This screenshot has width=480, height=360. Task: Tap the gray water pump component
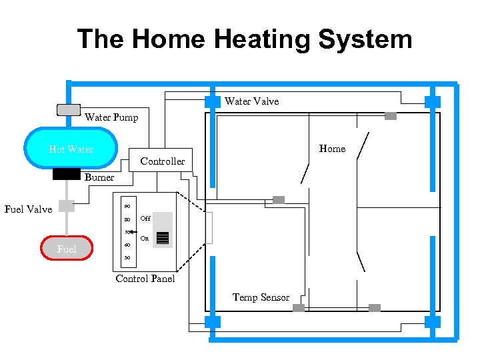[x=68, y=110]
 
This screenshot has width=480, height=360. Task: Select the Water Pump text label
[x=111, y=118]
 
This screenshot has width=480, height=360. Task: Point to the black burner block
[x=67, y=175]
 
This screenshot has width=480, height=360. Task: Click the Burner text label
[x=99, y=177]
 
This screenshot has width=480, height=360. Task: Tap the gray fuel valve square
[x=66, y=206]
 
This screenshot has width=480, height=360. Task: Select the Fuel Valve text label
[x=28, y=209]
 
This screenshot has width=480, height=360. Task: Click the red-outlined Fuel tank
[x=67, y=249]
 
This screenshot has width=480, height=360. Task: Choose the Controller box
[x=162, y=161]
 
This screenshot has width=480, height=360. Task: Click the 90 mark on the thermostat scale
[x=127, y=206]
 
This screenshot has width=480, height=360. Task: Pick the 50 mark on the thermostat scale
[x=127, y=258]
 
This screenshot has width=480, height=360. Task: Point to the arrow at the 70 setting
[x=131, y=233]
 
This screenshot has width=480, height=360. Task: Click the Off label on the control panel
[x=145, y=219]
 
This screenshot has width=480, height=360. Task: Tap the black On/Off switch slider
[x=162, y=237]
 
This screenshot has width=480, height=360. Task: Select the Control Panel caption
[x=145, y=279]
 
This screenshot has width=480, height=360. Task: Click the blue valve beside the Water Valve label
[x=212, y=101]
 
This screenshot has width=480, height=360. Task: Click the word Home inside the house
[x=332, y=149]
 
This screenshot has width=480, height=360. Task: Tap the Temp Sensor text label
[x=261, y=297]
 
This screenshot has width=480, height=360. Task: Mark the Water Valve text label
[x=251, y=101]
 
